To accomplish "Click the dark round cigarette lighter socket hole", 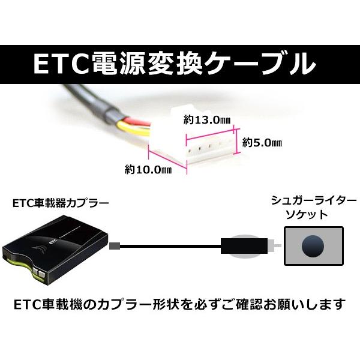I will pyautogui.click(x=313, y=247).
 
